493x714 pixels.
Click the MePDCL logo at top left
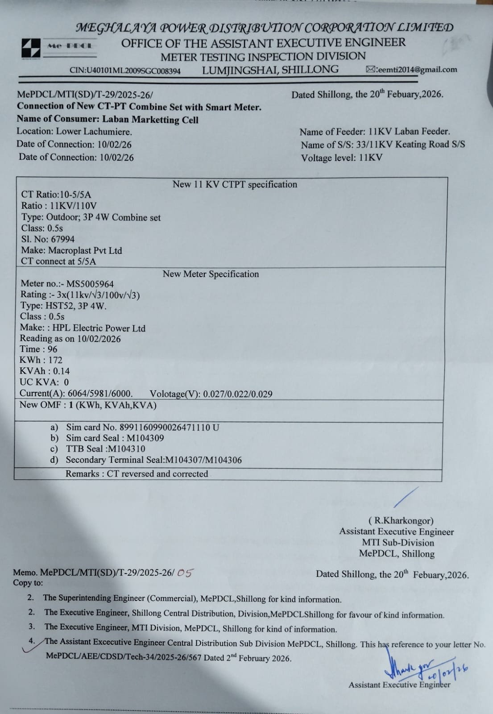[31, 48]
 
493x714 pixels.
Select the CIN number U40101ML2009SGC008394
[125, 71]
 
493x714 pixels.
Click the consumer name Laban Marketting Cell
[150, 120]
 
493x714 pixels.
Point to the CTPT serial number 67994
[63, 239]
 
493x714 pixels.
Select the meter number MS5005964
[90, 284]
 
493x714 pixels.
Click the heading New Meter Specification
[211, 274]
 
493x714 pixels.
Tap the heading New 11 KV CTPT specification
[235, 184]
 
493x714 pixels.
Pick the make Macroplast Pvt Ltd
[85, 250]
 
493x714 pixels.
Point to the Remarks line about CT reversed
[137, 474]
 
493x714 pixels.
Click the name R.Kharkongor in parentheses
[401, 520]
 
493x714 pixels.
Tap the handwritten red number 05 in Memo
[184, 573]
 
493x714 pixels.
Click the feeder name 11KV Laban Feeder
[409, 132]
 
